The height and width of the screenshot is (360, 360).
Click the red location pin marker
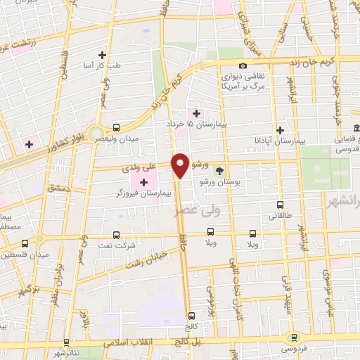(181, 165)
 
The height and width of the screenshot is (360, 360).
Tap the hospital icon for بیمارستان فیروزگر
(144, 181)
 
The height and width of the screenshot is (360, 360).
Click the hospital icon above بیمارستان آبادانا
(280, 130)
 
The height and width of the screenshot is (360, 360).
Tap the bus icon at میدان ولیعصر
(115, 128)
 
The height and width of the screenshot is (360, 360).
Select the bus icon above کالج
(191, 316)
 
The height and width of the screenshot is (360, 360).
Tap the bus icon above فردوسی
(292, 338)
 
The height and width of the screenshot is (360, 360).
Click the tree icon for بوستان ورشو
(219, 171)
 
